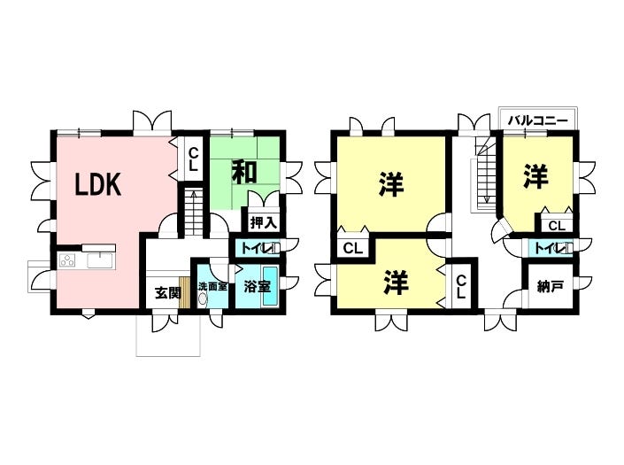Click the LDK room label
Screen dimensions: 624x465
tap(98, 184)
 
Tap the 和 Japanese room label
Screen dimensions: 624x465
tap(244, 172)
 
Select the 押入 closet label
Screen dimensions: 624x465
tap(264, 222)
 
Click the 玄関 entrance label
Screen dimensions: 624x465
tap(167, 293)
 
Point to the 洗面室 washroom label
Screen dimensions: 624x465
tap(213, 286)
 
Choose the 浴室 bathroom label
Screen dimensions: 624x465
tap(257, 286)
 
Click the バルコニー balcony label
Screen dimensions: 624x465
tap(538, 120)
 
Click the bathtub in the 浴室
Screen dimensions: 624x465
tap(272, 286)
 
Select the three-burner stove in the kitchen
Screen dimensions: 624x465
tap(67, 260)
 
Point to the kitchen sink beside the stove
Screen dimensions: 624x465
tap(99, 260)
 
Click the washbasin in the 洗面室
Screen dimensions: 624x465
tap(204, 298)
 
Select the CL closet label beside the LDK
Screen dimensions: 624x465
tap(193, 159)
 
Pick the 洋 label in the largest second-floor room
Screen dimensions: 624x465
tap(391, 184)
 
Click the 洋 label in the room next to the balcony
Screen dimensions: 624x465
tap(535, 175)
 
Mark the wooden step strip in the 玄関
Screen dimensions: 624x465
tap(184, 292)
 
